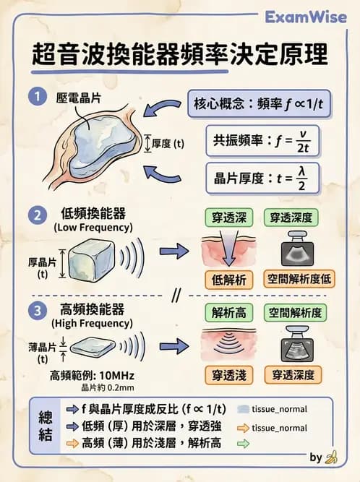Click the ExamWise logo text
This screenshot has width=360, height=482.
click(306, 17)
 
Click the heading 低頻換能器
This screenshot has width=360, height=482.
click(93, 215)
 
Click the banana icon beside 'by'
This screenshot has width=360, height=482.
click(332, 457)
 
